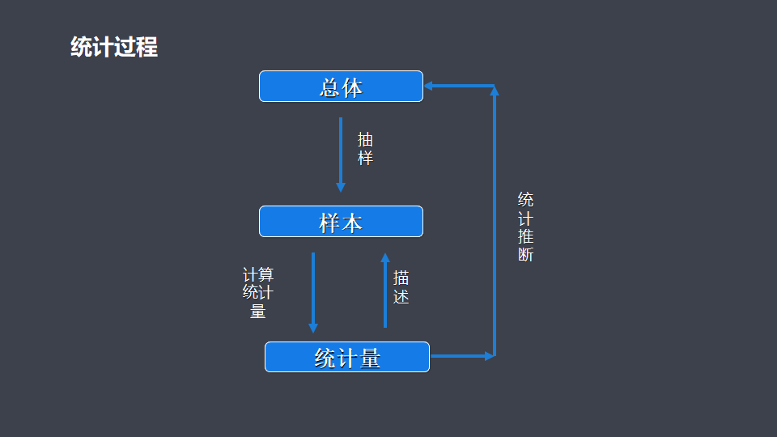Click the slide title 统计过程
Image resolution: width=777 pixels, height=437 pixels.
pyautogui.click(x=114, y=47)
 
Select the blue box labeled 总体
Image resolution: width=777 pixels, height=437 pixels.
pyautogui.click(x=341, y=87)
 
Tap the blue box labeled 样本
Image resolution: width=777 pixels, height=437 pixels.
pyautogui.click(x=341, y=222)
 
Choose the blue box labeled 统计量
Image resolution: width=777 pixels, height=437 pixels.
pyautogui.click(x=346, y=357)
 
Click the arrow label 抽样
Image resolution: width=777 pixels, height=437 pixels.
pyautogui.click(x=366, y=148)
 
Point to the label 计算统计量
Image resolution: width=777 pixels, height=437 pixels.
pyautogui.click(x=258, y=292)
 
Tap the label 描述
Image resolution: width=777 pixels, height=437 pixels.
pyautogui.click(x=401, y=287)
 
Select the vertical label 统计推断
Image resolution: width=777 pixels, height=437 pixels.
pyautogui.click(x=525, y=227)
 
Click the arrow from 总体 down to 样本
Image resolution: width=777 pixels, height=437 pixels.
pyautogui.click(x=341, y=154)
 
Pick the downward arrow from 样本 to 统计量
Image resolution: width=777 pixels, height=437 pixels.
pyautogui.click(x=313, y=291)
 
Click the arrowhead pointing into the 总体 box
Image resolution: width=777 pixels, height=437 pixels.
pyautogui.click(x=430, y=86)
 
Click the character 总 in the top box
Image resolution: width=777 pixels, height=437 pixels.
pyautogui.click(x=329, y=87)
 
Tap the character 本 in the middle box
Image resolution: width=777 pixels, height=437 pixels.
pyautogui.click(x=352, y=223)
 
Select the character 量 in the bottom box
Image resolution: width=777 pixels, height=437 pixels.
pyautogui.click(x=370, y=358)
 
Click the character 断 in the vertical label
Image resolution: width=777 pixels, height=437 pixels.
pyautogui.click(x=525, y=255)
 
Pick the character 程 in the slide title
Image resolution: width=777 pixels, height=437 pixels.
pyautogui.click(x=147, y=47)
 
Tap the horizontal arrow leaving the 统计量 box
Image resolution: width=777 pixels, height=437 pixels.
pyautogui.click(x=461, y=355)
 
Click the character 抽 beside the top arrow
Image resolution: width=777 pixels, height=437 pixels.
pyautogui.click(x=366, y=139)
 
